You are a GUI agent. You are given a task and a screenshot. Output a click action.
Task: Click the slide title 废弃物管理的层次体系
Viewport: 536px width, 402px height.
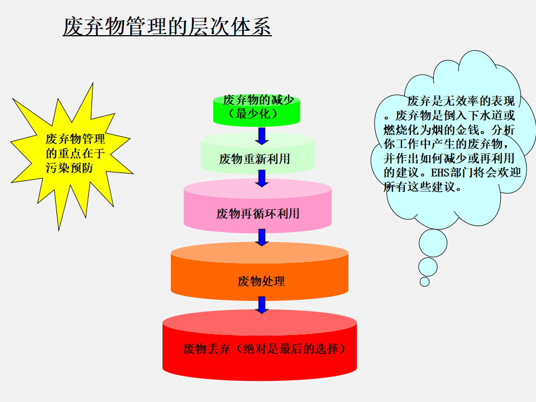(167, 26)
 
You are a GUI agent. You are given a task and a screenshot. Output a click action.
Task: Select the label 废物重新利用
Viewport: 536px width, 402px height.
(255, 159)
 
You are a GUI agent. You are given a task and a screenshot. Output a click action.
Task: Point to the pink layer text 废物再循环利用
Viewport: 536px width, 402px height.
(258, 214)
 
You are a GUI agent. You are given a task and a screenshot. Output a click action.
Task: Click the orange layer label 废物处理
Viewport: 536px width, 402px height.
(261, 281)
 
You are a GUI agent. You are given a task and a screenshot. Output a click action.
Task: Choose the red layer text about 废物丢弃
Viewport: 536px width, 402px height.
(264, 348)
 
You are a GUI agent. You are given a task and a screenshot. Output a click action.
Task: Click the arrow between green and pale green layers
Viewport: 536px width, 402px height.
(262, 136)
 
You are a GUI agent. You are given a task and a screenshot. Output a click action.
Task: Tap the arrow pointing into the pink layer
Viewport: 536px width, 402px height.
(262, 179)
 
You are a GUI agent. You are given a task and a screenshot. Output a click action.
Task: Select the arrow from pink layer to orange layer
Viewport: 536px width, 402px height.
(262, 238)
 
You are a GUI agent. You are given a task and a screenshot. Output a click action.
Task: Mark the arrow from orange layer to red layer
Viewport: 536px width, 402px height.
(262, 305)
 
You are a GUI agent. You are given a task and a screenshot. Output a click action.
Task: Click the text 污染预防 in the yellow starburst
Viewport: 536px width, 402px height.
(69, 168)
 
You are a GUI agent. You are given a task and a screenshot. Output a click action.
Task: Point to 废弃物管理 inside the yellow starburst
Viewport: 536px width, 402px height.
(75, 139)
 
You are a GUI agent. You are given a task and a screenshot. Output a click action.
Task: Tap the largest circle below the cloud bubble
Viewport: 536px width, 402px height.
(433, 243)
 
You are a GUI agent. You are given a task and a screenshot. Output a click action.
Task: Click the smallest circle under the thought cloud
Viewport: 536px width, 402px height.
(424, 281)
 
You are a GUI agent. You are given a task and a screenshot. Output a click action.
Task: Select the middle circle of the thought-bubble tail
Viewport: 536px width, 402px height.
(428, 267)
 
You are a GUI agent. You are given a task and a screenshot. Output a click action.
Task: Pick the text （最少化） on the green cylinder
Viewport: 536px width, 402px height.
(253, 114)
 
